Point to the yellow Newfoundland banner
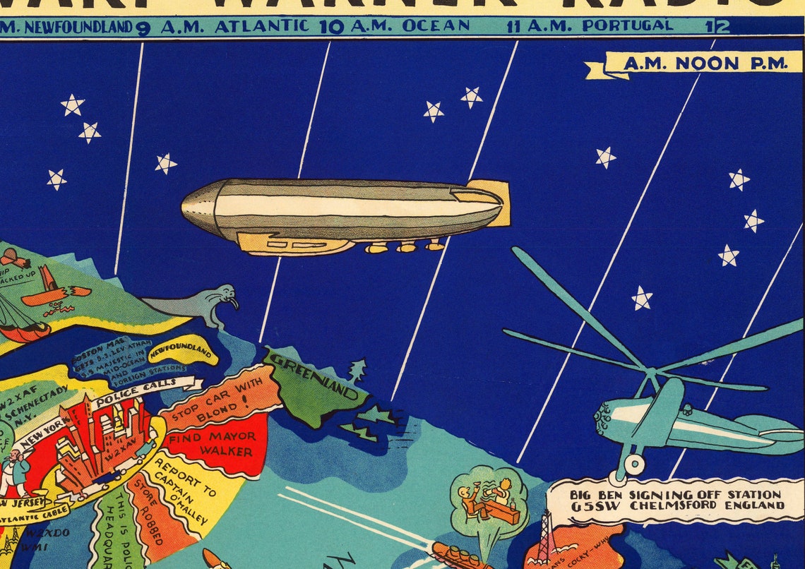(181, 351)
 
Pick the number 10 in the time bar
(331, 27)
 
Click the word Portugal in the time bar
(627, 26)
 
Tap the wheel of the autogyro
(633, 464)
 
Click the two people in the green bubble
(487, 498)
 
